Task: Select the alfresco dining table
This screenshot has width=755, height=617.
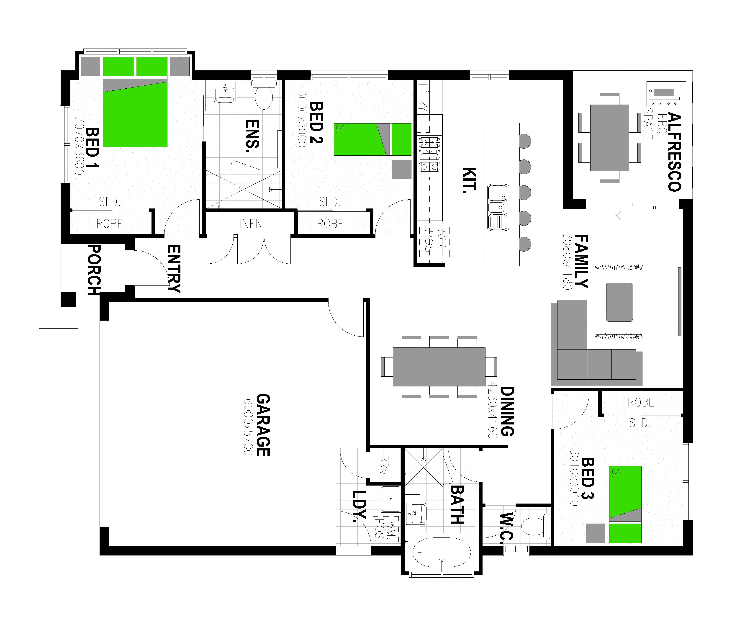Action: click(609, 138)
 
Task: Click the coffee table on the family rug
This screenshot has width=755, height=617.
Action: click(619, 302)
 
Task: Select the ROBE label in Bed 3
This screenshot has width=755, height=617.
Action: click(641, 402)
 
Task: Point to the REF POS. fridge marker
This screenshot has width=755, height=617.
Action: click(434, 242)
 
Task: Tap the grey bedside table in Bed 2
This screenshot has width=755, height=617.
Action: click(401, 169)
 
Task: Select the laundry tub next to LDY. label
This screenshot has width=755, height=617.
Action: click(390, 499)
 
